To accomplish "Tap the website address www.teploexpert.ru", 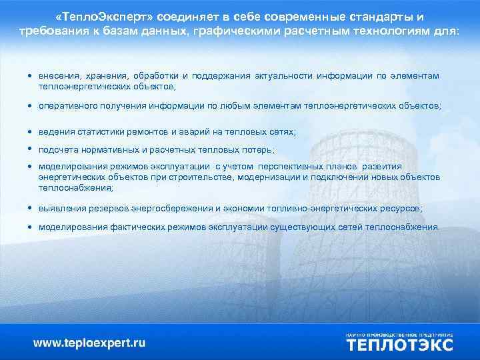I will pos(89,343).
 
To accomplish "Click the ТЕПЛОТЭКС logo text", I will pos(399,344).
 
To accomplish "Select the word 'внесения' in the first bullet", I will pos(57,75).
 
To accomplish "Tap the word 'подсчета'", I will pos(58,150).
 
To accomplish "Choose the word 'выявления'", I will pos(59,209).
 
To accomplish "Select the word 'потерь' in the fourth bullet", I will pos(259,150).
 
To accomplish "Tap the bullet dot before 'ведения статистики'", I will pos(31,132).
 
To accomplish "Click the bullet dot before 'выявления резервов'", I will pos(31,209).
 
